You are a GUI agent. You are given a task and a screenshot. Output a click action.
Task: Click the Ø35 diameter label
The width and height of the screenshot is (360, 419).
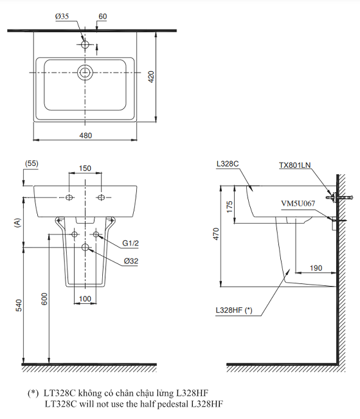click(x=62, y=17)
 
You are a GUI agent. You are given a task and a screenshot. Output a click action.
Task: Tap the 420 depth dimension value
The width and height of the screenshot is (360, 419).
click(x=151, y=76)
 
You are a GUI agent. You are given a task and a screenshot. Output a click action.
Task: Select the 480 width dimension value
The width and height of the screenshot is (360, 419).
click(x=85, y=136)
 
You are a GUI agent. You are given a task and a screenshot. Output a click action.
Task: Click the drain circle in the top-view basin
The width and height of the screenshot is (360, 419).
click(x=85, y=73)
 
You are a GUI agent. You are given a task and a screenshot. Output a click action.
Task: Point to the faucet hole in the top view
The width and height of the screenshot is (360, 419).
click(x=85, y=44)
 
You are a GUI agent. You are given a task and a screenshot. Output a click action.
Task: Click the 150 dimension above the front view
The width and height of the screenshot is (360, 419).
click(x=85, y=168)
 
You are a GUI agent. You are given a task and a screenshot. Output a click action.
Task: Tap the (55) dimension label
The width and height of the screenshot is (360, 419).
click(x=32, y=163)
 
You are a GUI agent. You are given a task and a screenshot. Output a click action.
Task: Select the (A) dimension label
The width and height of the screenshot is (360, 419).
click(x=17, y=223)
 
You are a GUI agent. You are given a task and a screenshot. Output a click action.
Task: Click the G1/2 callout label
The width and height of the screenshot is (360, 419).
click(x=130, y=243)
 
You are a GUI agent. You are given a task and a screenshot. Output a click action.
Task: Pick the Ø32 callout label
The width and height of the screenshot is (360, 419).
click(x=131, y=261)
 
